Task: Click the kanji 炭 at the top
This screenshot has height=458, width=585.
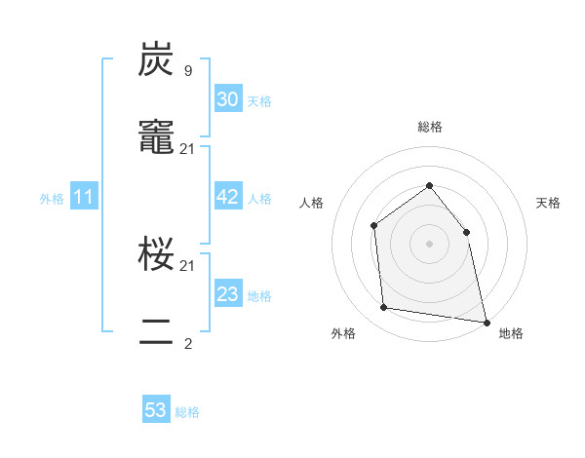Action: pos(157,60)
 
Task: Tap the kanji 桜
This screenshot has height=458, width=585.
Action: pos(157,255)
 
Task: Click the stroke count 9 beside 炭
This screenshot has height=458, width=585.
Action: pos(187,70)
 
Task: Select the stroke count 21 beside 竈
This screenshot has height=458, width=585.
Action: pos(187,148)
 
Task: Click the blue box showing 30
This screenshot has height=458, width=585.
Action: pos(227,99)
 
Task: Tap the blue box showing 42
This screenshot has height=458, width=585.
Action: pos(227,197)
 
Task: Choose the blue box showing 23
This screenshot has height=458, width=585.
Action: pos(227,294)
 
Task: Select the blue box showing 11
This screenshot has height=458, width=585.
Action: pos(84,198)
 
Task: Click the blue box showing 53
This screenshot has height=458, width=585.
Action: pos(156,410)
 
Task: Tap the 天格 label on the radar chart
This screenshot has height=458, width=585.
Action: pos(549,203)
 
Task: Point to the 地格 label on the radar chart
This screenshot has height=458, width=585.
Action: pos(511,334)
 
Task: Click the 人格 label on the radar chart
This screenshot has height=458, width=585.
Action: pos(311,203)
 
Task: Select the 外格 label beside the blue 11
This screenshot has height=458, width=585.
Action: pos(52,199)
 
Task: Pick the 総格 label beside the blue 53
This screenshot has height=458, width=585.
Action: pos(188,412)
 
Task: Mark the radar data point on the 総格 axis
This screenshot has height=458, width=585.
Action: pos(429,185)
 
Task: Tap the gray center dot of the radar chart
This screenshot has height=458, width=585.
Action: pos(429,244)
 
